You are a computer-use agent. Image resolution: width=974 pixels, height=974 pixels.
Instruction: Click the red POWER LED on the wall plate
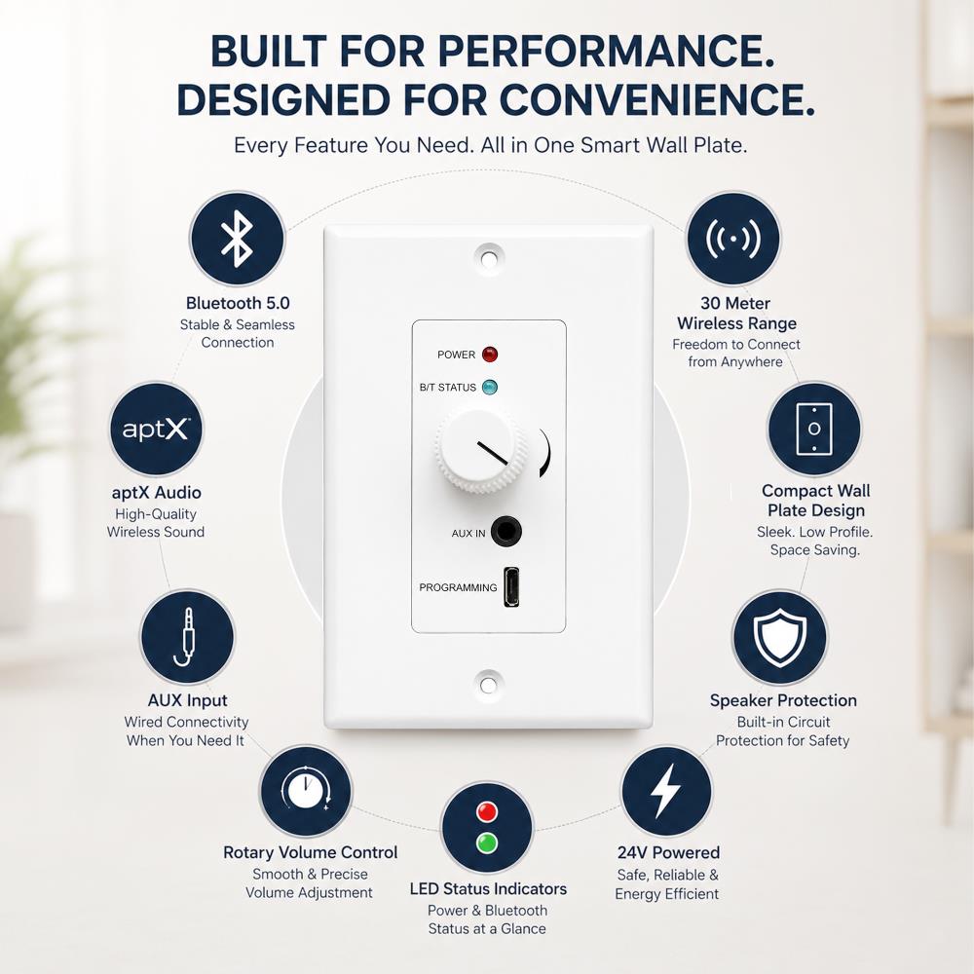coord(490,355)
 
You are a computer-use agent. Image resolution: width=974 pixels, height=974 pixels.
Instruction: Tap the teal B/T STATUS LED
coord(490,387)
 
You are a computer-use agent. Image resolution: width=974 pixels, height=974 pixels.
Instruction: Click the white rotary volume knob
coord(480,450)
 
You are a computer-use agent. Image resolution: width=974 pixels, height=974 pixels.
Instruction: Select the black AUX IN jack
coord(506,532)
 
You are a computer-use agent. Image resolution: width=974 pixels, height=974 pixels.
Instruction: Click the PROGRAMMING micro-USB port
coord(510,586)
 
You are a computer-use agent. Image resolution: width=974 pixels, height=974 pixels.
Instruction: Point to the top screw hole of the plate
coord(489,257)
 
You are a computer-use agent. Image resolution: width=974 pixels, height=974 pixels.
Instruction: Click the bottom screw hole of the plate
coord(488,685)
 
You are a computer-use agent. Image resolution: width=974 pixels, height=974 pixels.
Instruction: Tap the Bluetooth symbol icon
coord(237,240)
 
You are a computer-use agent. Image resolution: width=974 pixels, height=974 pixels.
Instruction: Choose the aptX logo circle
coord(156,430)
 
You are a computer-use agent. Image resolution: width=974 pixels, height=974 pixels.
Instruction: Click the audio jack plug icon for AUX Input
coord(187,637)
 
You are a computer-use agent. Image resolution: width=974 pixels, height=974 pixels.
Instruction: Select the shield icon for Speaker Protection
coord(779,637)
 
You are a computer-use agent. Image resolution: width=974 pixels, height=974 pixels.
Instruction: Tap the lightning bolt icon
coord(666,791)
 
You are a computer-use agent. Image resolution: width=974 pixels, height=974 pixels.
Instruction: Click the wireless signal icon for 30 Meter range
coord(733,240)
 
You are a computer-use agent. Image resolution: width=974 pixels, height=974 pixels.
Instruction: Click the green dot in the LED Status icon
coord(487,843)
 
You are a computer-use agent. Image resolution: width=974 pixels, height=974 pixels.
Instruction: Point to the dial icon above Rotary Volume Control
coord(305,791)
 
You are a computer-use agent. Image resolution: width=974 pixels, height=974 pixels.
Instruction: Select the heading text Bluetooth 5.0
coord(238,303)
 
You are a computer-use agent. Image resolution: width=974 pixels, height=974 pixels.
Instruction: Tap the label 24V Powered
coord(668,852)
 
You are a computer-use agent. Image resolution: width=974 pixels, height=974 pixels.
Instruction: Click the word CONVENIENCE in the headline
coord(657,99)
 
